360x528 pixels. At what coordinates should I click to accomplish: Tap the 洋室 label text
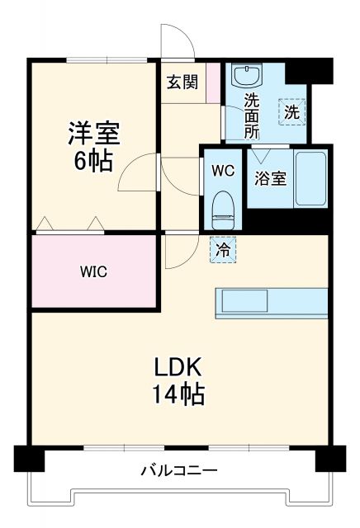point(93,132)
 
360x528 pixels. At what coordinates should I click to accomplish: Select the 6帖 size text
point(93,160)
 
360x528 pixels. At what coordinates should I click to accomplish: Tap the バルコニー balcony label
point(178,471)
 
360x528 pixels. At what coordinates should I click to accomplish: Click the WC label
point(223,172)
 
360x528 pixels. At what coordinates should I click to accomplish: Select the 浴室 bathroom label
point(270,177)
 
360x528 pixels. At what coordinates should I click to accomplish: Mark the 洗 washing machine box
point(291,111)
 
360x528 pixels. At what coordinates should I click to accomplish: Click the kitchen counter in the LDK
point(272,302)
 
